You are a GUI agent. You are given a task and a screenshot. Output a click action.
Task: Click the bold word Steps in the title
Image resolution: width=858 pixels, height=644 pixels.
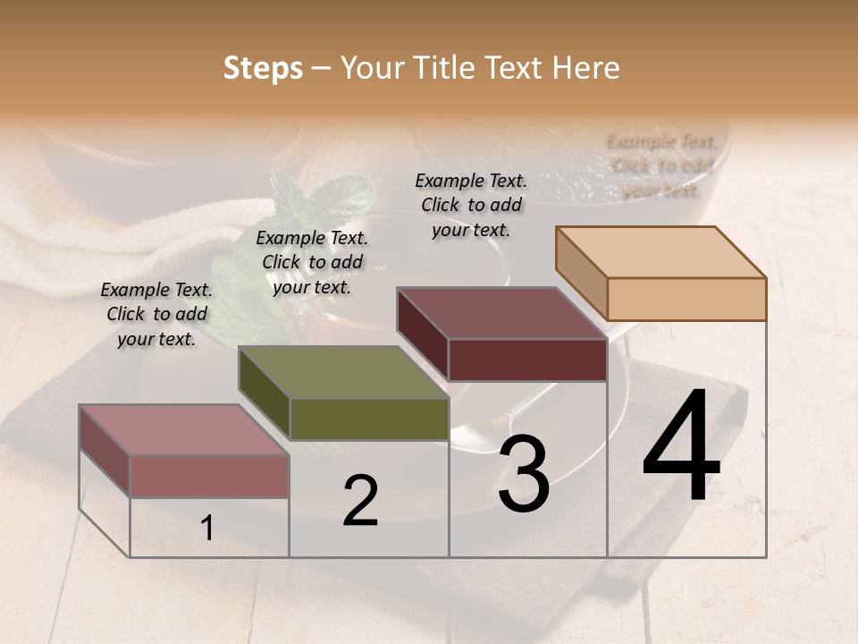pos(263,68)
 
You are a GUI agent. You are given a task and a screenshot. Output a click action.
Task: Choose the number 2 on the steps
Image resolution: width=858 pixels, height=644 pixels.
pos(360,501)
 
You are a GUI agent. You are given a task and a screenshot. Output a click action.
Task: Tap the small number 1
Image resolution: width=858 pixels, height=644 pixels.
pos(206,528)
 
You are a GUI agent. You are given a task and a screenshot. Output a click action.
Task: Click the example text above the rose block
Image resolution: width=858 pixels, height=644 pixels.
pos(156,314)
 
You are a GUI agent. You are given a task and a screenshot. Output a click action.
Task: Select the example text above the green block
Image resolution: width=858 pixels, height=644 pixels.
pos(312,262)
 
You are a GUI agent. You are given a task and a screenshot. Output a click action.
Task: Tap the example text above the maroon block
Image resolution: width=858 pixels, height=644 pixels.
pos(471,205)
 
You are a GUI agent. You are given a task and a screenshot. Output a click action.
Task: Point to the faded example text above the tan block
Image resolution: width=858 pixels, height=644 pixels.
pos(661,165)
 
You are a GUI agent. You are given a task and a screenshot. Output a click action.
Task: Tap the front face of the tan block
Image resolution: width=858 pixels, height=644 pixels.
pos(686,299)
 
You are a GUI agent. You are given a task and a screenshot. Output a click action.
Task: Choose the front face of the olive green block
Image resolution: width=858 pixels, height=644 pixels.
pos(369,419)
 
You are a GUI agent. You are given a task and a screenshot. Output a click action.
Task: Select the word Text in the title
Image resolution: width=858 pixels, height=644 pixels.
pos(519,68)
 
